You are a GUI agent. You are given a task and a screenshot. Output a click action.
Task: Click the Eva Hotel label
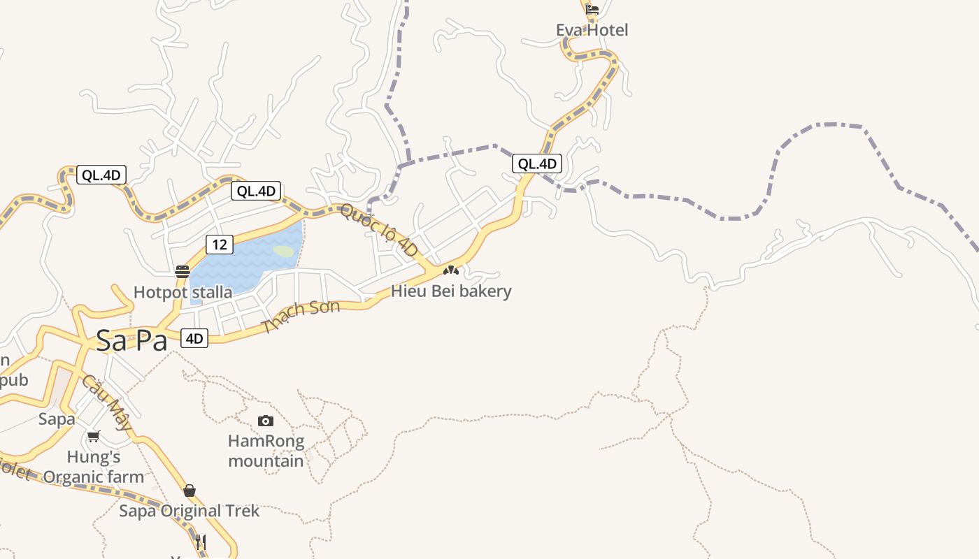[x=592, y=30]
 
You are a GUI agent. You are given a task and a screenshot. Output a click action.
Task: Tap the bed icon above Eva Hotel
[x=592, y=10]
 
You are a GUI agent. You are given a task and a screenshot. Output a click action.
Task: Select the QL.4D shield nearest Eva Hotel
[x=537, y=164]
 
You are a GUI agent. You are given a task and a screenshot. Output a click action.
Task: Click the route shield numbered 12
[x=219, y=244]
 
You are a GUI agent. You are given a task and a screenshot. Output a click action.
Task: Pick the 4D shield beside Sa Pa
[x=194, y=339]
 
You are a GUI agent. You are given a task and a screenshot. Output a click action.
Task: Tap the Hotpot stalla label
[x=183, y=292]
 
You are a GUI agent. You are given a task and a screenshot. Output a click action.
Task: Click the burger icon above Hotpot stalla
[x=183, y=272]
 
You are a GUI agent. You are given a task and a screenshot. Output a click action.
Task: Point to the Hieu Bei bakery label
[x=451, y=291]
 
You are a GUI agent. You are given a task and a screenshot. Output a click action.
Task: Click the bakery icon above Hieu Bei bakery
[x=451, y=270]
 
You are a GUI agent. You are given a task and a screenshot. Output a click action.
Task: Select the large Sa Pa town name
[x=131, y=341]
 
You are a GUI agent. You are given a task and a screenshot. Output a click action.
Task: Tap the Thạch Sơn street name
[x=301, y=316]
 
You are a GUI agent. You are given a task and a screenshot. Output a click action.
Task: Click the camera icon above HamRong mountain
[x=266, y=421]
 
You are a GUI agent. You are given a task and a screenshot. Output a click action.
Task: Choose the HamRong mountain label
[x=266, y=451]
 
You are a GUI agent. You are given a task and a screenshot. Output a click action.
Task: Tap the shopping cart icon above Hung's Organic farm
[x=93, y=437]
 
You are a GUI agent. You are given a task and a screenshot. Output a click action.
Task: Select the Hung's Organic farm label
[x=94, y=467]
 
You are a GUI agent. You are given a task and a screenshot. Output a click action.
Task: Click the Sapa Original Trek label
[x=189, y=511]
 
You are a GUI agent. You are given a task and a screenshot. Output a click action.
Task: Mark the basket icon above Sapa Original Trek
[x=189, y=491]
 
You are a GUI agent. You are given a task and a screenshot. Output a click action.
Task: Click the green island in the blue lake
[x=284, y=251]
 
